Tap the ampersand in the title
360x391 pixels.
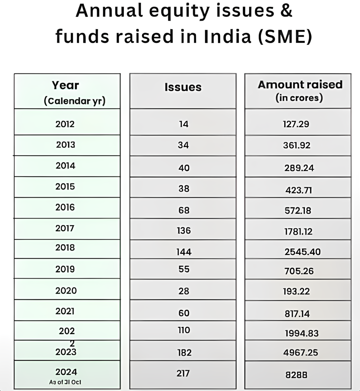pos(286,11)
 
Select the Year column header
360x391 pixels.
pos(66,85)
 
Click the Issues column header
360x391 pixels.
pos(183,87)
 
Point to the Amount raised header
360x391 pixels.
pos(300,85)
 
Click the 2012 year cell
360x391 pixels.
pos(65,124)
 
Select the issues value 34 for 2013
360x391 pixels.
pos(183,145)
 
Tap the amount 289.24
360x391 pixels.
pos(299,168)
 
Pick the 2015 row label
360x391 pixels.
pos(65,186)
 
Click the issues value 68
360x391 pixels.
pos(184,210)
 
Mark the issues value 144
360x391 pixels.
pos(184,252)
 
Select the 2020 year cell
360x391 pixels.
pos(66,291)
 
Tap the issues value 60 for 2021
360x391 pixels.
pos(184,313)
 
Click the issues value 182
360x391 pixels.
pos(184,352)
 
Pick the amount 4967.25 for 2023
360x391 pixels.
pos(301,352)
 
